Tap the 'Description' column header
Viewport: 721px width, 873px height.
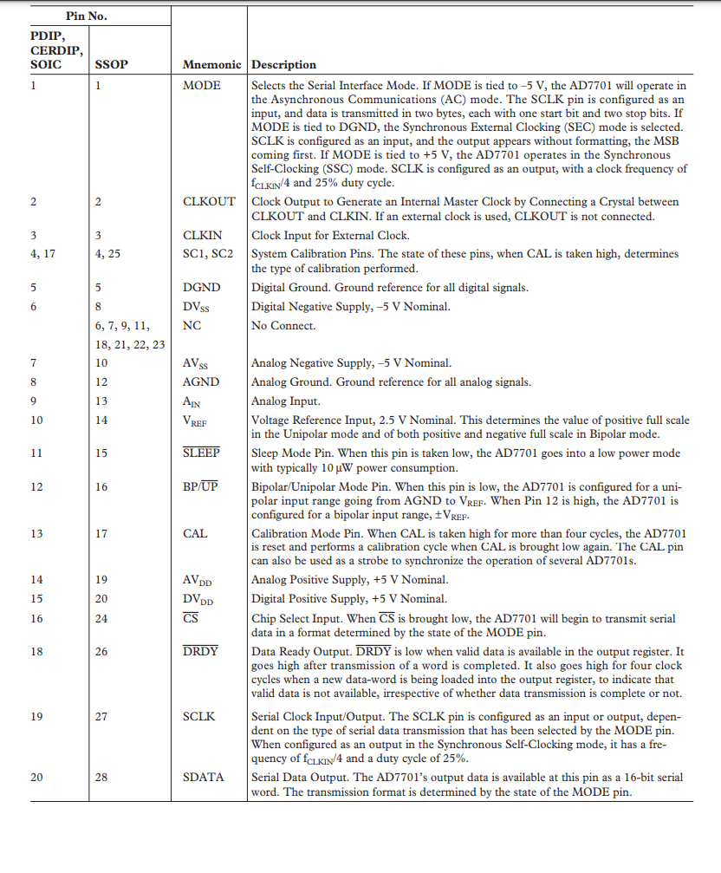click(x=283, y=65)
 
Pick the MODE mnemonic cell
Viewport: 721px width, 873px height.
click(x=202, y=86)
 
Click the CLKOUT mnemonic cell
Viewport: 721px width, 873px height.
click(x=209, y=202)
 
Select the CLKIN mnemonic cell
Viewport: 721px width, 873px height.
click(x=202, y=236)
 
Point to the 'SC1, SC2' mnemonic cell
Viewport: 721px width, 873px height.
click(x=209, y=254)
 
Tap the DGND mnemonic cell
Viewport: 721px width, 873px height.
click(x=201, y=288)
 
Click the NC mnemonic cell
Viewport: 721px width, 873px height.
click(x=192, y=326)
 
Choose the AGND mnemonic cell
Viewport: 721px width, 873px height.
click(x=201, y=382)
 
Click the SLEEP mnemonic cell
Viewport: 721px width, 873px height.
click(x=201, y=453)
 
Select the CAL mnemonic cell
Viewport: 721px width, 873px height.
click(x=196, y=534)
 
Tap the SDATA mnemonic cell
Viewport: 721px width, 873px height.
click(x=203, y=778)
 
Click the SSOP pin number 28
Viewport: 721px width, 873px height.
click(x=102, y=778)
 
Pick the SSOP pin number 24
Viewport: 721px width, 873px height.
click(x=102, y=619)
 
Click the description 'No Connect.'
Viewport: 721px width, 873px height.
click(x=283, y=326)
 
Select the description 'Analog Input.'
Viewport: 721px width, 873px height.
click(x=286, y=401)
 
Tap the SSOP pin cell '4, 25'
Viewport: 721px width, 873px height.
click(x=110, y=254)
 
